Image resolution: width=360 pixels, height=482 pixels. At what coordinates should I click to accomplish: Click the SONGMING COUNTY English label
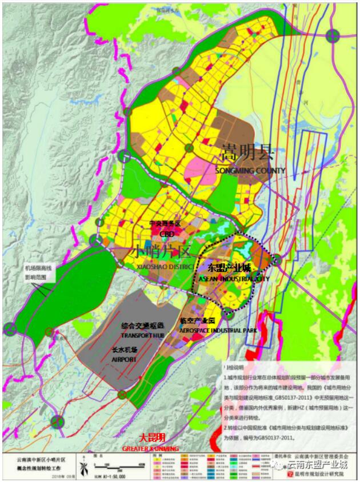click(250, 171)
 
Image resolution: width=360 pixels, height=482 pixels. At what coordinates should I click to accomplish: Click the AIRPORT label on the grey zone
click(128, 360)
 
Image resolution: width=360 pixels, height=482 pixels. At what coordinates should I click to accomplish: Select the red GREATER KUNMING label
click(150, 449)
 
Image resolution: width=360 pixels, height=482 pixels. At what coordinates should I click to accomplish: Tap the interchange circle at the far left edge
click(9, 328)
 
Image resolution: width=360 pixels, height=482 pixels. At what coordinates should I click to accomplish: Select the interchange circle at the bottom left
click(57, 422)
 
